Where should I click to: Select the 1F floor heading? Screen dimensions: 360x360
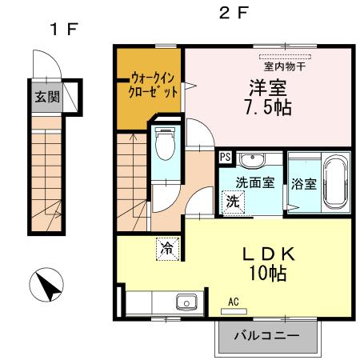point(63,30)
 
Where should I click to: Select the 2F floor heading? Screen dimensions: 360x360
point(234,13)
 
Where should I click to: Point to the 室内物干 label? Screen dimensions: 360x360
point(286,66)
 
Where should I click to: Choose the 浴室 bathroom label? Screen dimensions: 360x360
point(303,182)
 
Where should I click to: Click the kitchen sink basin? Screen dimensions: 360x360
point(186,303)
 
